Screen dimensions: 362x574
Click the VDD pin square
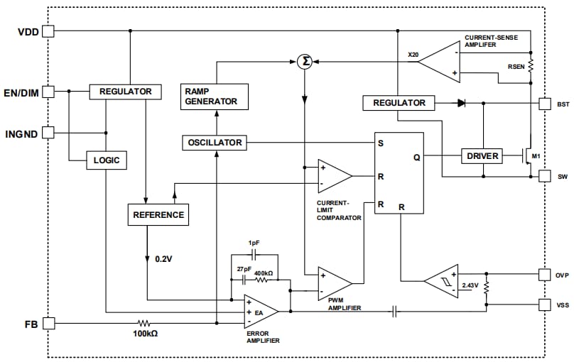click(48, 31)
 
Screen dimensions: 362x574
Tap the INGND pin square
click(48, 132)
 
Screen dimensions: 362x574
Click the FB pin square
click(48, 323)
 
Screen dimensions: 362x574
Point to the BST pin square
click(544, 104)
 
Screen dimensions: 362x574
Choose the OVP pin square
click(544, 274)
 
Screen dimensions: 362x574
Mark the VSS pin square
click(544, 305)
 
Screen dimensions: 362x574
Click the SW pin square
click(544, 175)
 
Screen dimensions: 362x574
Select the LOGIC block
click(107, 160)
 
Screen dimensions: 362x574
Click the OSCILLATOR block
click(215, 143)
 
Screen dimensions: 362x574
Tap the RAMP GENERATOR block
click(215, 96)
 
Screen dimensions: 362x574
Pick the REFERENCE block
click(158, 214)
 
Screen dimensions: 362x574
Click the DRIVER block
click(482, 156)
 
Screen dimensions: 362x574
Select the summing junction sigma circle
click(304, 62)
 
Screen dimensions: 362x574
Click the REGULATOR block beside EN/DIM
click(125, 92)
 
